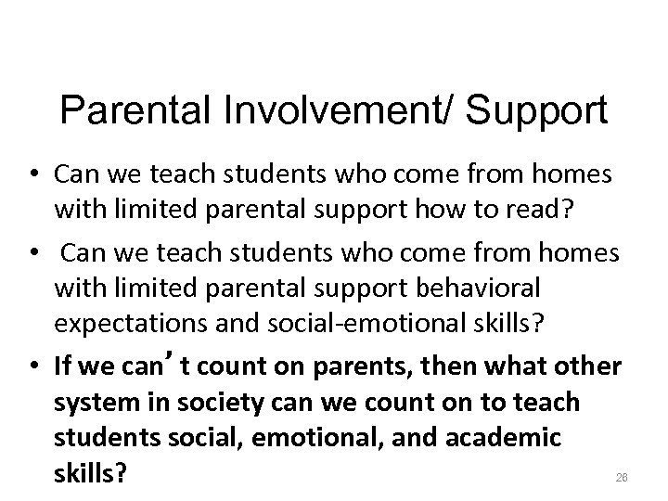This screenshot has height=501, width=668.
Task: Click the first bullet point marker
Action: coord(43,173)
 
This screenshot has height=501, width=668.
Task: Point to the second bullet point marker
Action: coord(43,253)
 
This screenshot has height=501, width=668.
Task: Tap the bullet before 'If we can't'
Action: coord(43,367)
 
